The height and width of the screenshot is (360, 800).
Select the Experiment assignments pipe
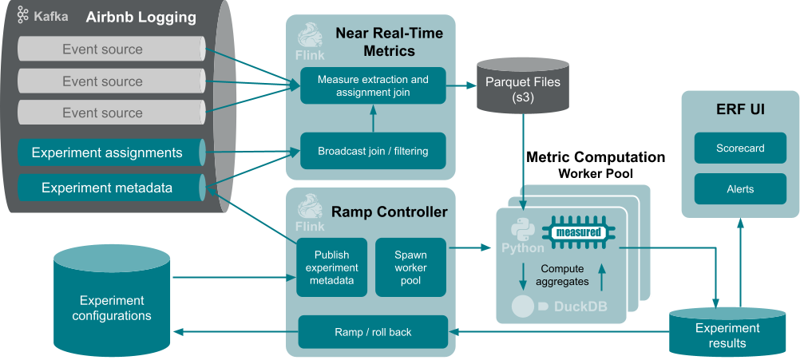[x=107, y=152]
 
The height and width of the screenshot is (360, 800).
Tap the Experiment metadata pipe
[x=107, y=188]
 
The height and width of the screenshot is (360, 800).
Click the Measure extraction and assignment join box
[x=373, y=86]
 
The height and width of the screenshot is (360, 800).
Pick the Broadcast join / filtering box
[x=373, y=151]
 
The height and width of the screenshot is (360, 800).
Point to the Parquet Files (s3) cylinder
[x=523, y=89]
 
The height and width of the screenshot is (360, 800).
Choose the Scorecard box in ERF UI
[x=740, y=148]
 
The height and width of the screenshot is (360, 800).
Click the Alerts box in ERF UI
[x=740, y=189]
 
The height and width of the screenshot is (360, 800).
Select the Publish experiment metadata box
[x=331, y=267]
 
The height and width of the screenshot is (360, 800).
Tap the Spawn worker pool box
[x=410, y=267]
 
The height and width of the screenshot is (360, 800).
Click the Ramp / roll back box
[x=373, y=332]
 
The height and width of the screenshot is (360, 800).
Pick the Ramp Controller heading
[x=390, y=212]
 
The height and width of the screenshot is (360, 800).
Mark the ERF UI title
[x=740, y=109]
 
